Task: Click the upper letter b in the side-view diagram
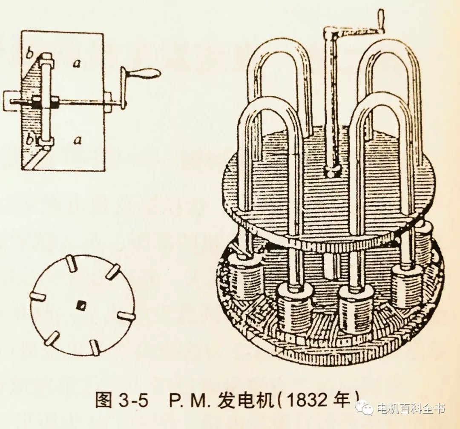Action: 29,54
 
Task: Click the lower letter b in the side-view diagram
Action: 30,140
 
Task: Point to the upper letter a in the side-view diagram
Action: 77,63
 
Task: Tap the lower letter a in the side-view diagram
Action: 77,141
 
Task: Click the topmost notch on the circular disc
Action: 71,263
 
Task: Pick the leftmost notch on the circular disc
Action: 37,297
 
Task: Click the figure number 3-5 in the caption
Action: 133,400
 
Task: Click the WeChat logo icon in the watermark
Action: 364,407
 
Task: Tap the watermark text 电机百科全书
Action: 410,408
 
